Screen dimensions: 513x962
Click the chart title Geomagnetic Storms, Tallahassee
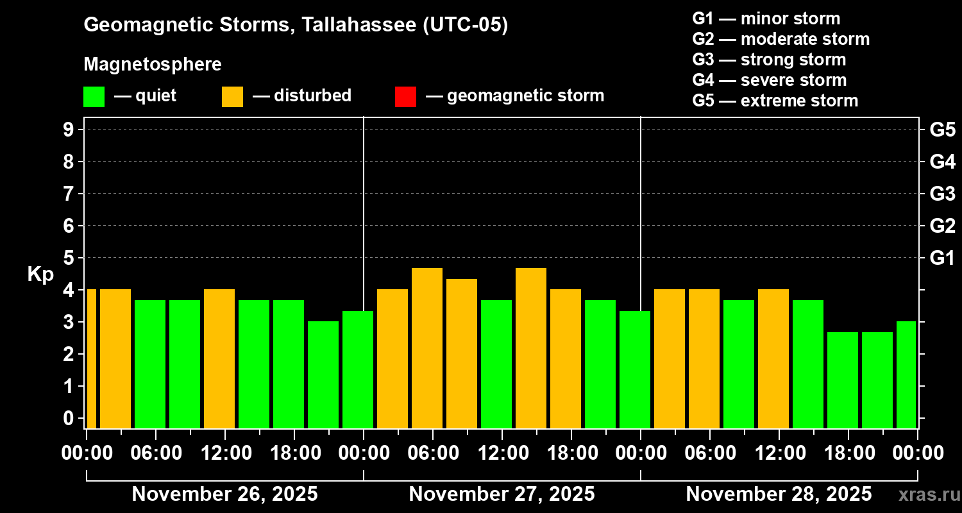pyautogui.click(x=296, y=25)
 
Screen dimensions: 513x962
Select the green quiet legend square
pyautogui.click(x=94, y=96)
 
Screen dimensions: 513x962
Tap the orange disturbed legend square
pyautogui.click(x=232, y=96)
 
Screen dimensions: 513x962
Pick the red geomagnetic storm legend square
pyautogui.click(x=405, y=96)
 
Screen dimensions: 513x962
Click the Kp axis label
pyautogui.click(x=40, y=274)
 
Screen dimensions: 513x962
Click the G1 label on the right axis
pyautogui.click(x=942, y=258)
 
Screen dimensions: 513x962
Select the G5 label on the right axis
pyautogui.click(x=942, y=130)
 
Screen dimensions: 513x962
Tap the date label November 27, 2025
pyautogui.click(x=502, y=494)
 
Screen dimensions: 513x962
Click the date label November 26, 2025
pyautogui.click(x=224, y=494)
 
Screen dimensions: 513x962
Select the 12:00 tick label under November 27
pyautogui.click(x=502, y=453)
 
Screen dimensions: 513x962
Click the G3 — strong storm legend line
pyautogui.click(x=769, y=60)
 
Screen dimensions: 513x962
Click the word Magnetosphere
pyautogui.click(x=153, y=65)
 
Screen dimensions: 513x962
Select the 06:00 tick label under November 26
pyautogui.click(x=156, y=453)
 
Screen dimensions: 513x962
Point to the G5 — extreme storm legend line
pyautogui.click(x=775, y=101)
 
